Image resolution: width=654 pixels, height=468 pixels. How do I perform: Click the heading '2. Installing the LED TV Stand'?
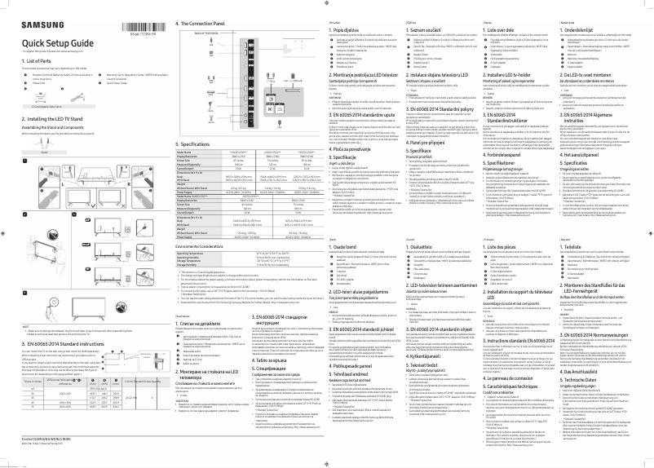[x=47, y=119]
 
